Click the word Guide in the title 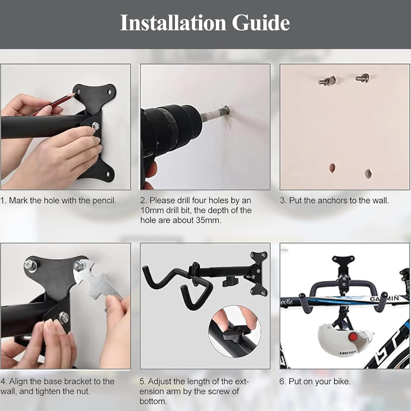(261, 23)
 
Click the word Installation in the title (173, 23)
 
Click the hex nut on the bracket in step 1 (96, 126)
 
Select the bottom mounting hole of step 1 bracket (108, 174)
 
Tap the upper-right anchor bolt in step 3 (363, 78)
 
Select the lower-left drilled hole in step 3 (332, 168)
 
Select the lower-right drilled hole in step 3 (368, 173)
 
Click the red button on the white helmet (353, 337)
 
